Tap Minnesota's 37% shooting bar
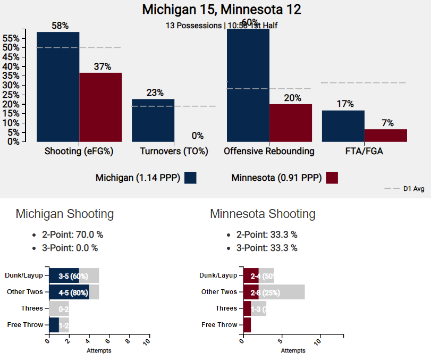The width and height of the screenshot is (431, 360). (100, 107)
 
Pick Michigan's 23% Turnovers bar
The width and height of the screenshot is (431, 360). (153, 120)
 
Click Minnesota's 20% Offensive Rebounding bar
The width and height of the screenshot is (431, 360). (291, 123)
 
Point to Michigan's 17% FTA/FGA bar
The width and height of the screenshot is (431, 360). (343, 126)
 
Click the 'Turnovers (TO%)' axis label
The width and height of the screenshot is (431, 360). (174, 152)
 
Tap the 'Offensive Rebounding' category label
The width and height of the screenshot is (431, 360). (269, 152)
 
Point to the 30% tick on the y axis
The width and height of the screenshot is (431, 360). (11, 85)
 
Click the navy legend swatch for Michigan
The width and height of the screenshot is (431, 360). (190, 178)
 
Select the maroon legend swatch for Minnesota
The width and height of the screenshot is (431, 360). (332, 178)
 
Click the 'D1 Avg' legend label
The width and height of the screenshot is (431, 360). (413, 188)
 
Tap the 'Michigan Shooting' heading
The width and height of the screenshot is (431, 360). (65, 214)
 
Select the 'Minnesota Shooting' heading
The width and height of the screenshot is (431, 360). (263, 214)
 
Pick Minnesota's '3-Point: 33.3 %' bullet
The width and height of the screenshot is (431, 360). (267, 248)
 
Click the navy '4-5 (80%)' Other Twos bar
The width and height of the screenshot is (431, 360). (69, 292)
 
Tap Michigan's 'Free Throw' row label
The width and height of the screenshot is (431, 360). (25, 324)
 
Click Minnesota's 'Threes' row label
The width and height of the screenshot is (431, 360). (226, 308)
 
